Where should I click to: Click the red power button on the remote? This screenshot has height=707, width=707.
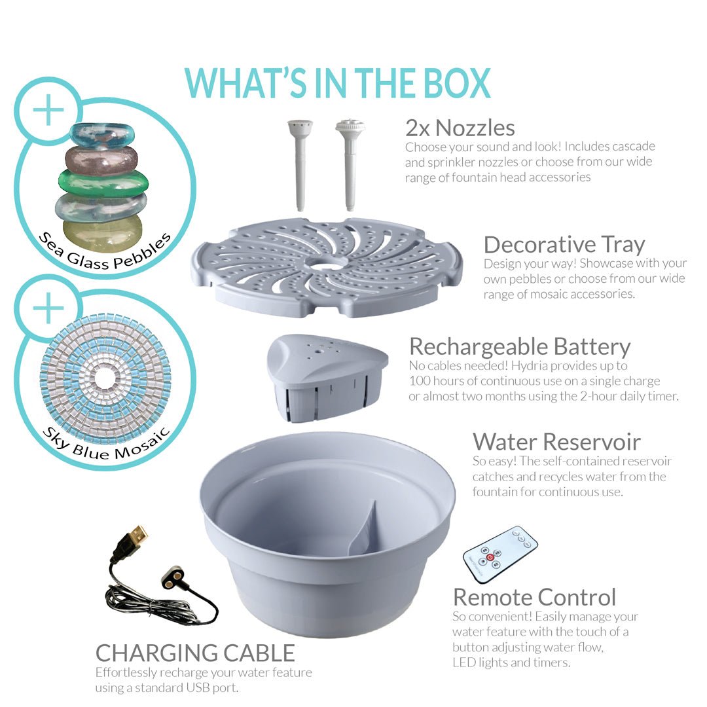tap(490, 558)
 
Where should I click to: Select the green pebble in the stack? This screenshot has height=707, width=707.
tap(103, 183)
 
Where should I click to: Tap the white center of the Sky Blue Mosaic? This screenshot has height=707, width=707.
tap(105, 378)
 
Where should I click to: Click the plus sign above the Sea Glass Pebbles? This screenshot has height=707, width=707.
tap(48, 109)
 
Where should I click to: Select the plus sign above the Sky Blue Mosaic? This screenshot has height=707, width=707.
tap(48, 308)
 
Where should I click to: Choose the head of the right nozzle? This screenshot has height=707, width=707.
tap(350, 125)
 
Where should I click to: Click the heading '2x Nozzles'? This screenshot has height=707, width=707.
tap(460, 128)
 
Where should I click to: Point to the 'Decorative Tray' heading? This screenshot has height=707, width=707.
tap(564, 245)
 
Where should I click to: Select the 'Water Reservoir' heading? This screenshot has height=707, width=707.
tap(556, 442)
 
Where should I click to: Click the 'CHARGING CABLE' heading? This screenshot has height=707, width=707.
tap(195, 653)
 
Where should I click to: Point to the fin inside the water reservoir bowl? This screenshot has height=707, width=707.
tap(366, 528)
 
